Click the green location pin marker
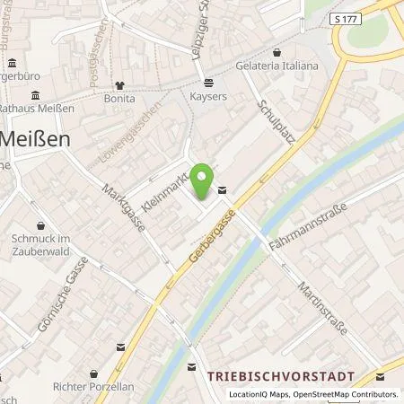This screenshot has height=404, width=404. pyautogui.click(x=205, y=181)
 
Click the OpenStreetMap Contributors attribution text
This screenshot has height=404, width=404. pyautogui.click(x=347, y=394)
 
